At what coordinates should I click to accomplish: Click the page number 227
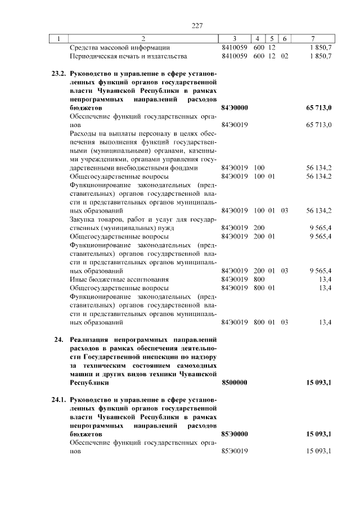pos(197,25)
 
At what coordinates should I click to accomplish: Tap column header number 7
pos(313,39)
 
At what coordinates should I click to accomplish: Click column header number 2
pos(143,39)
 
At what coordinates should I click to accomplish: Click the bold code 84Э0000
pos(235,107)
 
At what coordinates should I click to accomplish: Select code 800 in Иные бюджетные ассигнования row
pos(259,280)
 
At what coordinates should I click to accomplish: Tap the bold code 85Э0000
pos(235,434)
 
